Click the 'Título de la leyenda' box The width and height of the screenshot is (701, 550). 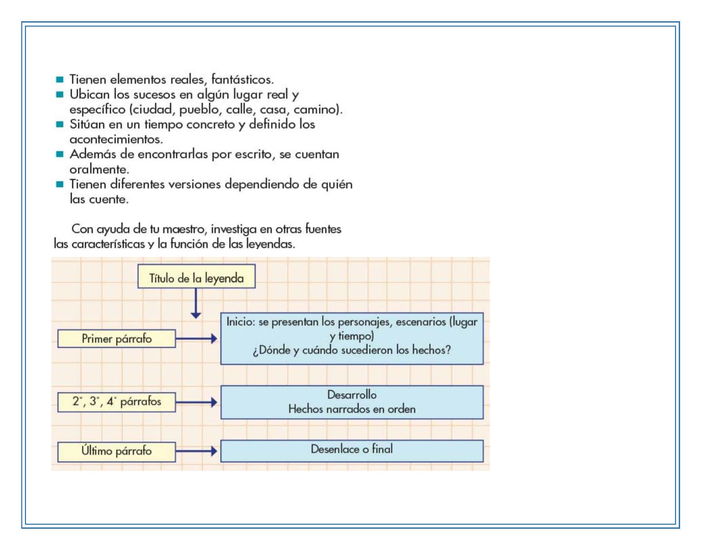click(x=196, y=276)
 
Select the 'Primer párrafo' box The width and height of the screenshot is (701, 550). click(x=116, y=338)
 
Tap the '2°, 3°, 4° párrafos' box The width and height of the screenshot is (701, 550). click(x=116, y=402)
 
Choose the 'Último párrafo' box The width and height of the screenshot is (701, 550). click(x=116, y=452)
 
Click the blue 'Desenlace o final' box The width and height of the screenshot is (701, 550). click(x=352, y=451)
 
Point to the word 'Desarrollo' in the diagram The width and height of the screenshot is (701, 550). click(x=352, y=395)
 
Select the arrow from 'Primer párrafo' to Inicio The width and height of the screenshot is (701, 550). click(x=197, y=339)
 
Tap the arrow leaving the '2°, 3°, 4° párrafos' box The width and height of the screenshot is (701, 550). click(x=197, y=402)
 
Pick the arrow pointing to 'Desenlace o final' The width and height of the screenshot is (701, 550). click(x=197, y=451)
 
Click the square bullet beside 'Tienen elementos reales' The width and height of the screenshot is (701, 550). click(x=60, y=80)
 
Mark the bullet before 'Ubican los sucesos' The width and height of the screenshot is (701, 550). click(x=60, y=94)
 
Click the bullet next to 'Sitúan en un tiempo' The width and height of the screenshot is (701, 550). click(x=60, y=124)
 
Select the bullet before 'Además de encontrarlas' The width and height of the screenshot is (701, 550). click(x=60, y=154)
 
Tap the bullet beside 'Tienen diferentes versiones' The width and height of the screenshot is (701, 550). click(x=60, y=184)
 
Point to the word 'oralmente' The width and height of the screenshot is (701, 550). click(x=99, y=169)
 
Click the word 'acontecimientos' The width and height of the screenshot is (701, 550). click(x=116, y=139)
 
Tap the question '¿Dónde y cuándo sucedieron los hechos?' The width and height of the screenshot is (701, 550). click(x=352, y=350)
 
